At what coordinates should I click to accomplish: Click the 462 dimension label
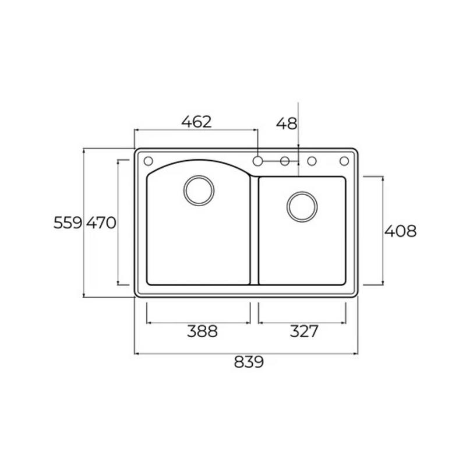pyautogui.click(x=196, y=122)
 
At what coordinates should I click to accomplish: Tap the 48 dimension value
pyautogui.click(x=287, y=123)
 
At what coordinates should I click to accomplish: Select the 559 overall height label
pyautogui.click(x=68, y=223)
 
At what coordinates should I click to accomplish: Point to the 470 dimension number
pyautogui.click(x=101, y=223)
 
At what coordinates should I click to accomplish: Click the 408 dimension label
pyautogui.click(x=400, y=231)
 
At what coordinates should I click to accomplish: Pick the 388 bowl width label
pyautogui.click(x=202, y=331)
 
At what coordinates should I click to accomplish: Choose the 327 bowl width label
pyautogui.click(x=304, y=331)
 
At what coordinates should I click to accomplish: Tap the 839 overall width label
pyautogui.click(x=249, y=362)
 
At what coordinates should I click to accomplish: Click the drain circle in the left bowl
pyautogui.click(x=199, y=190)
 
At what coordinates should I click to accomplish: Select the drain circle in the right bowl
pyautogui.click(x=302, y=207)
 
